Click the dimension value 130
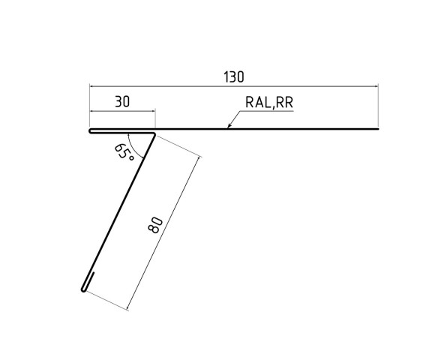pyautogui.click(x=233, y=76)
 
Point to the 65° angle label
pyautogui.click(x=124, y=152)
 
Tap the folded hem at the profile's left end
pyautogui.click(x=92, y=132)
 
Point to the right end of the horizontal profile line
pyautogui.click(x=377, y=130)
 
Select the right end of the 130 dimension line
pyautogui.click(x=377, y=87)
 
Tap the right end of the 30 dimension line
pyautogui.click(x=154, y=111)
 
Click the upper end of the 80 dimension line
pyautogui.click(x=202, y=156)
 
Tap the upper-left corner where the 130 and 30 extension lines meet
pyautogui.click(x=89, y=87)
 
